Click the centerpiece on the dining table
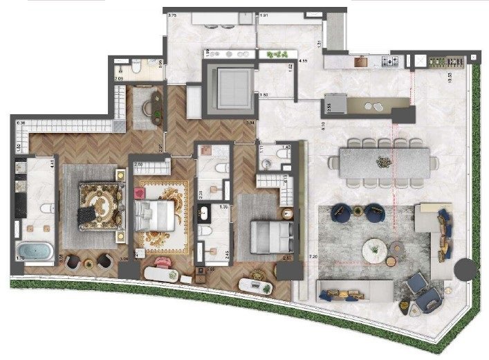coord(383,162)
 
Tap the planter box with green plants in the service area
coord(275,54)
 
